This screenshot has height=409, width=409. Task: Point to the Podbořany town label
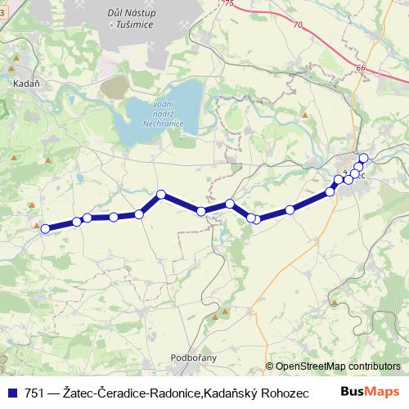coord(192,357)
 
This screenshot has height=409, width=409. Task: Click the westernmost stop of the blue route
coord(46,229)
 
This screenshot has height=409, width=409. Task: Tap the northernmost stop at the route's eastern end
coord(363,158)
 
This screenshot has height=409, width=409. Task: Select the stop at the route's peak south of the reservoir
coord(161,194)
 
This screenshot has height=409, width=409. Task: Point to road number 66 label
coord(361,69)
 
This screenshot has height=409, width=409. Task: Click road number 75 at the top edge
coord(229,4)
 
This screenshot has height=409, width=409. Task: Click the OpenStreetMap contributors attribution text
coord(338,366)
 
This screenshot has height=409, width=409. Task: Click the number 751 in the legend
coord(35,392)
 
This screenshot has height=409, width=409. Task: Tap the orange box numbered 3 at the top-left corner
coord(2,4)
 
